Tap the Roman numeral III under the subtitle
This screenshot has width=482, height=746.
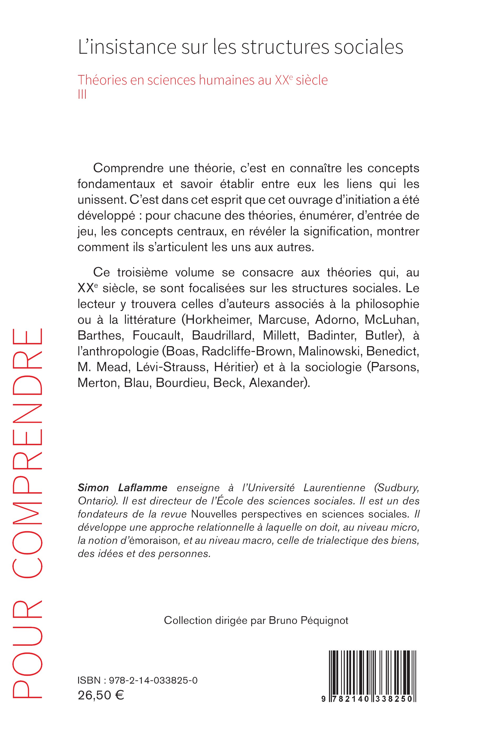click(x=82, y=95)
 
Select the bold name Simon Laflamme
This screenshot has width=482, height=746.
click(x=122, y=488)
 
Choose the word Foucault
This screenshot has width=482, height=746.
click(x=157, y=335)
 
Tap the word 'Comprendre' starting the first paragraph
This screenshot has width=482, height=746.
click(x=128, y=168)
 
